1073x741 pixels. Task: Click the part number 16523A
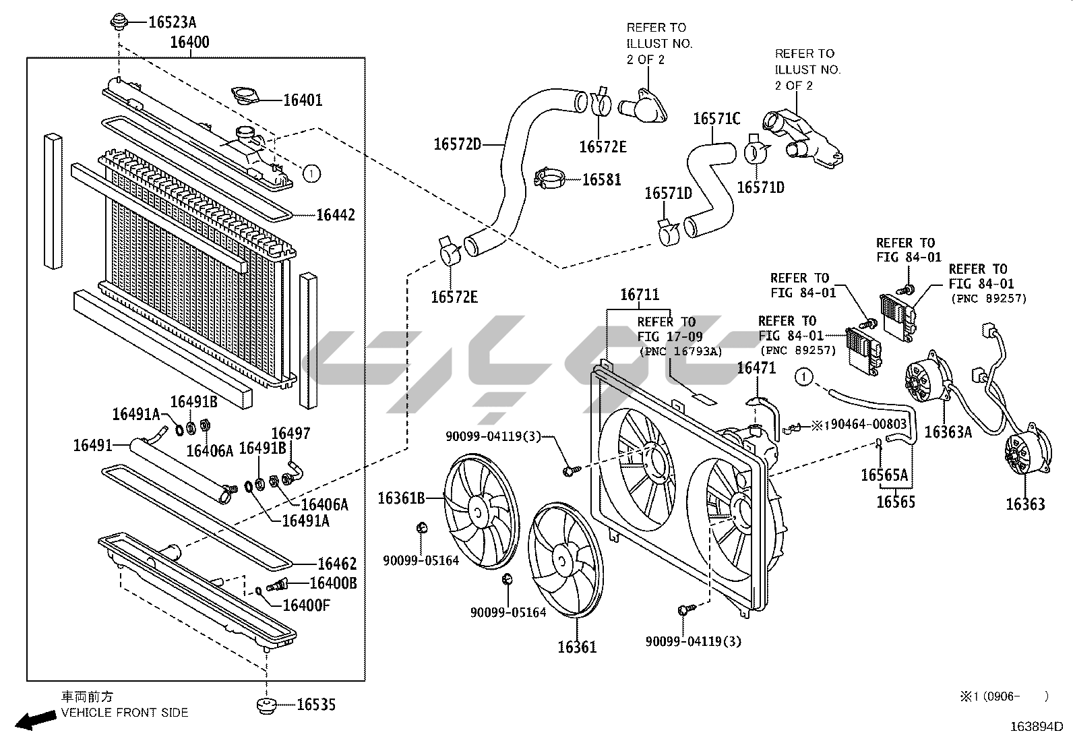coord(172,22)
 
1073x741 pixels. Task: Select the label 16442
coord(335,215)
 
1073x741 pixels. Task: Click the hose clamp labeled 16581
coord(551,179)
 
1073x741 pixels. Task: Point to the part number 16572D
coord(457,144)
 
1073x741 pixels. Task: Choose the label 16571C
coord(716,119)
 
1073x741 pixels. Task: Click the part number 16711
coord(640,295)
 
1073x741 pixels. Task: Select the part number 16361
coord(577,647)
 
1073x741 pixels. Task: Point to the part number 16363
coord(1025,504)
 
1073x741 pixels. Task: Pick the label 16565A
coord(884,475)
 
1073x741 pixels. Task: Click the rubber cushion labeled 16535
coord(268,705)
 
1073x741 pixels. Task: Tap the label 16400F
coord(306,605)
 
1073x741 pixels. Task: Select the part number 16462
coord(337,564)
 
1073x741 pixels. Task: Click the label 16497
coord(291,433)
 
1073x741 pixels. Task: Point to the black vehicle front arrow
coord(36,721)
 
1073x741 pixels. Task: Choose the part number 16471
coord(756,368)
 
